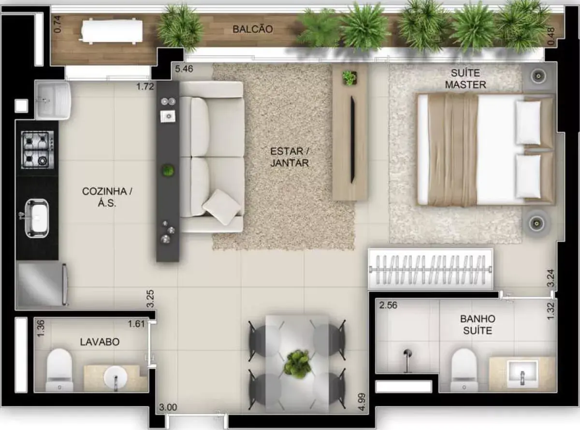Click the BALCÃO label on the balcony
click(x=253, y=29)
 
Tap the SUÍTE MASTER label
click(x=465, y=79)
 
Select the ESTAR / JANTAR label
click(x=290, y=157)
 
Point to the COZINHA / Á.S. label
click(x=107, y=197)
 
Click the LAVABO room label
click(x=100, y=342)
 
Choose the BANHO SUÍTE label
click(x=478, y=324)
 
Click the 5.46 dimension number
click(x=184, y=69)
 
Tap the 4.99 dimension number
click(x=362, y=402)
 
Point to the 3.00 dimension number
click(x=168, y=407)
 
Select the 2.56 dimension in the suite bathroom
click(x=388, y=305)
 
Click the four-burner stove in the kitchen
click(x=38, y=149)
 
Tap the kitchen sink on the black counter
click(x=37, y=218)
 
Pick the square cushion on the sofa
click(x=222, y=207)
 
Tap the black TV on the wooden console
click(x=352, y=140)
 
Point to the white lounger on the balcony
click(x=111, y=31)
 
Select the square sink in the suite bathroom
click(x=522, y=374)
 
